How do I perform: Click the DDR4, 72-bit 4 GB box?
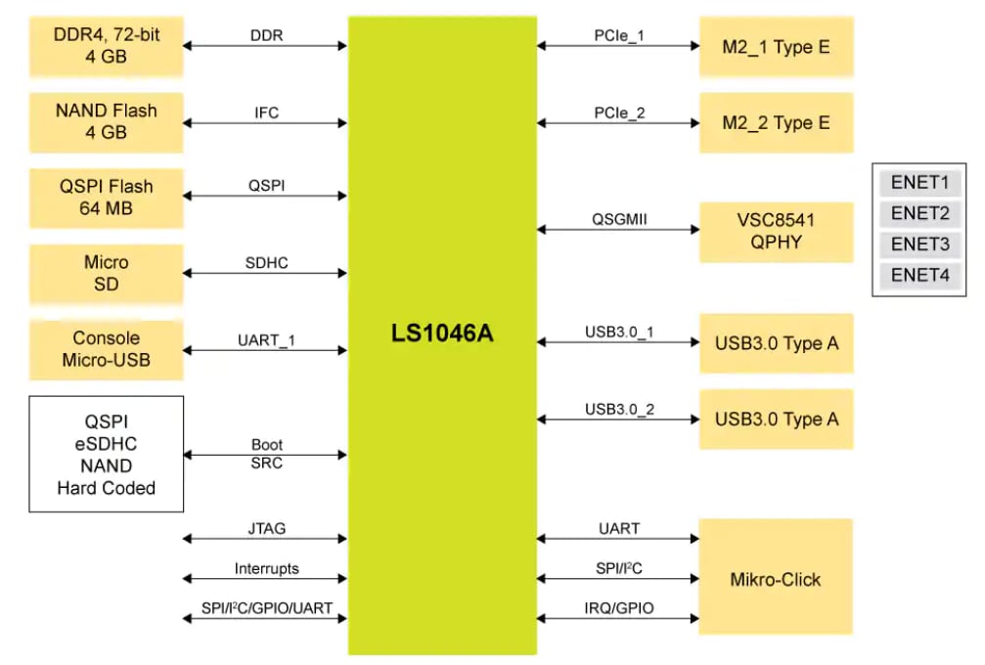pyautogui.click(x=106, y=45)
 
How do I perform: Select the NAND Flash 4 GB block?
pyautogui.click(x=106, y=121)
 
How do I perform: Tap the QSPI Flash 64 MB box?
pyautogui.click(x=106, y=197)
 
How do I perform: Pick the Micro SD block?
pyautogui.click(x=106, y=273)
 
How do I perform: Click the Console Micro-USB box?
pyautogui.click(x=106, y=349)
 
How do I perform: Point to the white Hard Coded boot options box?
pyautogui.click(x=106, y=454)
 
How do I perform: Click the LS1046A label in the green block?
pyautogui.click(x=442, y=334)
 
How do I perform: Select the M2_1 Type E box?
pyautogui.click(x=776, y=46)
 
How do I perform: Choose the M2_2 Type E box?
pyautogui.click(x=776, y=122)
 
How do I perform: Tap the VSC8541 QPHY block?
pyautogui.click(x=776, y=232)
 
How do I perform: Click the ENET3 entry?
pyautogui.click(x=919, y=244)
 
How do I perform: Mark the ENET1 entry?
pyautogui.click(x=919, y=183)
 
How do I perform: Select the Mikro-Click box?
pyautogui.click(x=776, y=579)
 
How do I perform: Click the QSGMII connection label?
pyautogui.click(x=619, y=220)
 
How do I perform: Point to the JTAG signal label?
pyautogui.click(x=266, y=529)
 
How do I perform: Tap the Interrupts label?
pyautogui.click(x=266, y=568)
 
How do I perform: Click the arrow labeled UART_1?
pyautogui.click(x=266, y=349)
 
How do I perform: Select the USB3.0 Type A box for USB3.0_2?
pyautogui.click(x=776, y=420)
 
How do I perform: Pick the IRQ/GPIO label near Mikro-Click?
pyautogui.click(x=619, y=608)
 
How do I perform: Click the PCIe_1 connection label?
pyautogui.click(x=619, y=37)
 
